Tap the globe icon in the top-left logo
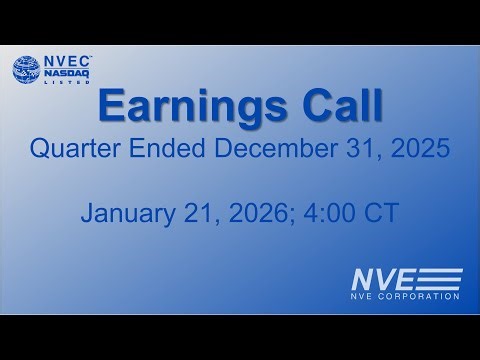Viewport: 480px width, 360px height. point(27,71)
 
